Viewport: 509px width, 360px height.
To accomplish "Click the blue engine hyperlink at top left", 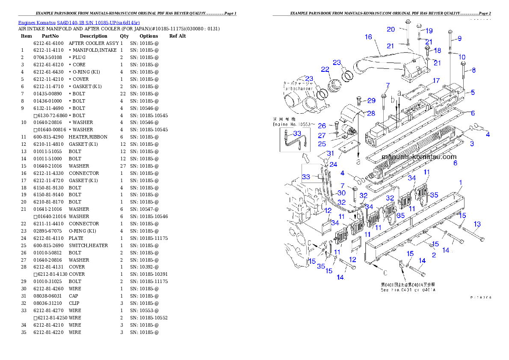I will tap(79, 22).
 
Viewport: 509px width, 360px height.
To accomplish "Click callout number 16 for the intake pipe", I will tap(368, 37).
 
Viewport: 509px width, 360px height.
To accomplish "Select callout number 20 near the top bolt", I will tap(391, 30).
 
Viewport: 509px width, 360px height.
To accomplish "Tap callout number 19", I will tap(429, 31).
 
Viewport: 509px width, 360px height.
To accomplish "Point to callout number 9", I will tap(459, 38).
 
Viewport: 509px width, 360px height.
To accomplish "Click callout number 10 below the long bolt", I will tap(462, 57).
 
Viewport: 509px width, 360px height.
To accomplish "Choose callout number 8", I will tap(473, 71).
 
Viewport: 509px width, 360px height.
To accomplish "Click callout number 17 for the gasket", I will tap(436, 80).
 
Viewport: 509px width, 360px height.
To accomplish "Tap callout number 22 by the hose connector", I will tap(325, 69).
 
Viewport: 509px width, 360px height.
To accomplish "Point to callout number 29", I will tap(371, 100).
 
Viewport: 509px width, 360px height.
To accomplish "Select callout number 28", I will tap(371, 113).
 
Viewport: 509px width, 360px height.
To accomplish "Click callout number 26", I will tap(322, 126).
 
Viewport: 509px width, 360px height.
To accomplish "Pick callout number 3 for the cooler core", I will tap(472, 144).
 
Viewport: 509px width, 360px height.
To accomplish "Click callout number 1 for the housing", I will tap(461, 183).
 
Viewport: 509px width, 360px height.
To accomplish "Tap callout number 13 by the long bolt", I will tap(477, 224).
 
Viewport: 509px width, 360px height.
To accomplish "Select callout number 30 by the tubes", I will tap(341, 193).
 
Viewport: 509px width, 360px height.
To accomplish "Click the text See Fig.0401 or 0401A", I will tap(408, 289).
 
